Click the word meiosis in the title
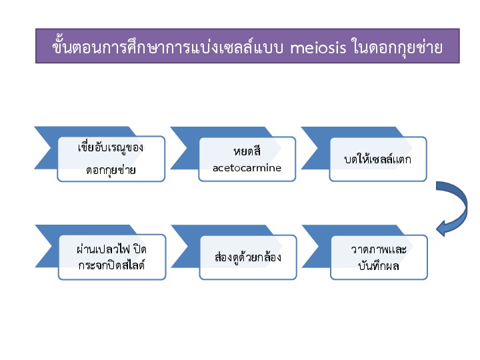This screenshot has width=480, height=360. coord(318,47)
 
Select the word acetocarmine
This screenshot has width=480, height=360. coord(247,168)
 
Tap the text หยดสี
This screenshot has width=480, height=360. coord(247,151)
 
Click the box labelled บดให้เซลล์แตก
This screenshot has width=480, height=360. coord(378,159)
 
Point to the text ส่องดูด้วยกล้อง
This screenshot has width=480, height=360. coord(247,257)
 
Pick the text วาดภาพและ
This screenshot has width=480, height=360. coord(379,249)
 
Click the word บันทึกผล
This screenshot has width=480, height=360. coord(379,265)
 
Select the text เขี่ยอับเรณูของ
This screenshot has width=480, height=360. coord(111,147)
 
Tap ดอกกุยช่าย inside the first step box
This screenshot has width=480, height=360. coord(111,170)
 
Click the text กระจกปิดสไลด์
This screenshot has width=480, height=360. coord(111,265)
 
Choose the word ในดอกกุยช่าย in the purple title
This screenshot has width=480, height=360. coord(397,48)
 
